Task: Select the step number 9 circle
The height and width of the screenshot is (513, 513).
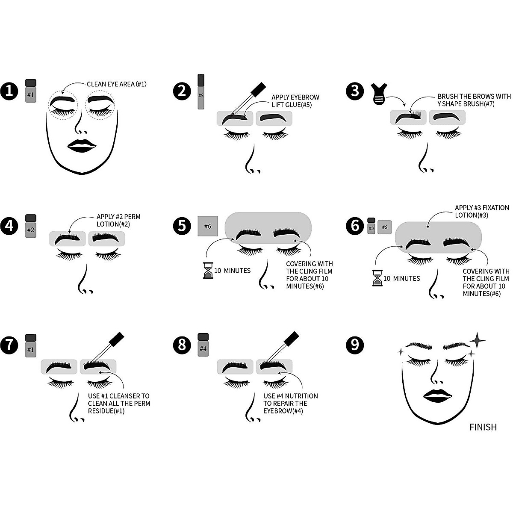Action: click(355, 344)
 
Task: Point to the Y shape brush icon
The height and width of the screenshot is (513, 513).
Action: click(378, 94)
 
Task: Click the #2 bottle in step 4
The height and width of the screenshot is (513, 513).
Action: click(31, 226)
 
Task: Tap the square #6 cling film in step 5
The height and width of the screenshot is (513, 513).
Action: click(208, 226)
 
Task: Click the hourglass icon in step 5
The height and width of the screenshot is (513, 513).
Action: click(208, 270)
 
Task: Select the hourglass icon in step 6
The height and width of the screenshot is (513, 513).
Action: click(377, 278)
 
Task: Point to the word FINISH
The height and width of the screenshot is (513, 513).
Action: click(483, 427)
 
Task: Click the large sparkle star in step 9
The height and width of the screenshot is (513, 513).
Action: click(478, 340)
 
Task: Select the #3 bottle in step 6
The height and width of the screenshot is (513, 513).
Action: click(371, 226)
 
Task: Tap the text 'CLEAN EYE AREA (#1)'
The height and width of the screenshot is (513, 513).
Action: click(116, 84)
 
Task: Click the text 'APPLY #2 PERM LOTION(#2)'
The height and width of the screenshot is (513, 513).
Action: click(118, 220)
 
